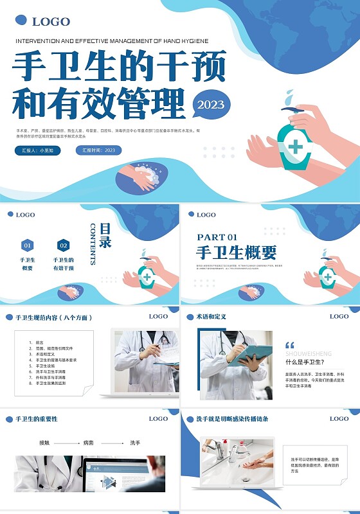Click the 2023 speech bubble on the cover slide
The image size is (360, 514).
(211, 105)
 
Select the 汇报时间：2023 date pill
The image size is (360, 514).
(99, 150)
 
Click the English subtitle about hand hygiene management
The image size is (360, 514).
(111, 40)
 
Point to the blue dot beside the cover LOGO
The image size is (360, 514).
(21, 21)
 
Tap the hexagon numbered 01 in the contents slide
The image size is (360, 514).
(27, 245)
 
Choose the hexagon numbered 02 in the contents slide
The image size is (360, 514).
(63, 245)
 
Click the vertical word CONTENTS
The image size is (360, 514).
(93, 244)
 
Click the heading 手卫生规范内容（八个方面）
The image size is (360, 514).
(53, 317)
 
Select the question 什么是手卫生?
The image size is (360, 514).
(304, 362)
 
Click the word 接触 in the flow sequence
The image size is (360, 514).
(44, 443)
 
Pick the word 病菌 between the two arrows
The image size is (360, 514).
(89, 443)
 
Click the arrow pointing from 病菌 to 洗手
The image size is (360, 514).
(113, 443)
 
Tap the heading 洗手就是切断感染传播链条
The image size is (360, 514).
(227, 419)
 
